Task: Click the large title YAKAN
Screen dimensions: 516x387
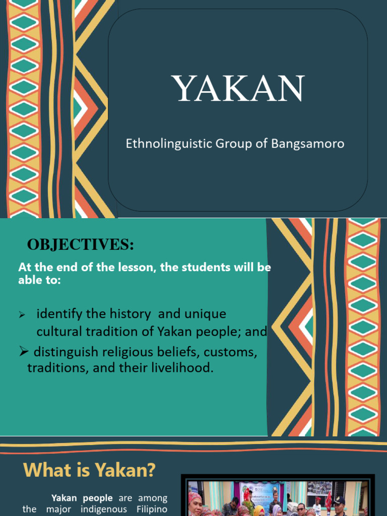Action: pos(238,89)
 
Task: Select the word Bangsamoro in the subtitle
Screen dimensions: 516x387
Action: pos(308,144)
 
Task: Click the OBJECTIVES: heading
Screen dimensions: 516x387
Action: pos(81,245)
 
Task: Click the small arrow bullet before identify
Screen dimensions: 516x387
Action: pos(22,315)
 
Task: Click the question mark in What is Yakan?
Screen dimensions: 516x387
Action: pos(151,471)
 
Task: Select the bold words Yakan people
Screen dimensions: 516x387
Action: pos(82,498)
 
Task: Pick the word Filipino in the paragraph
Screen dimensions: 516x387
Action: pos(150,509)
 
